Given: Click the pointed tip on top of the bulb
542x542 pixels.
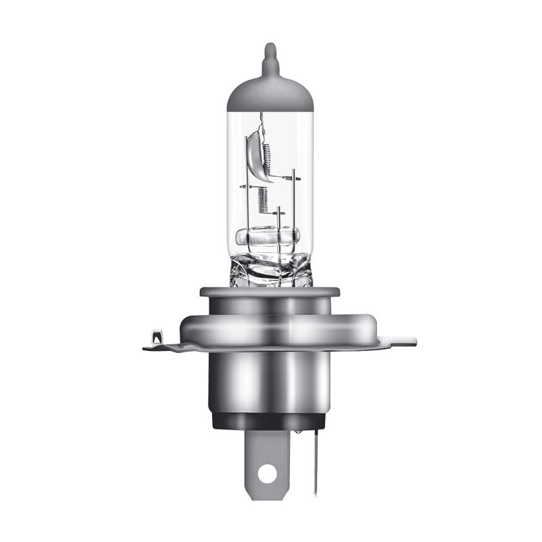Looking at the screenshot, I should [x=270, y=49].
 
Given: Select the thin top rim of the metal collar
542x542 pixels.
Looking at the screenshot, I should [x=269, y=291].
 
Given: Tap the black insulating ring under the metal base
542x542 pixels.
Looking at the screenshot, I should [x=270, y=420].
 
